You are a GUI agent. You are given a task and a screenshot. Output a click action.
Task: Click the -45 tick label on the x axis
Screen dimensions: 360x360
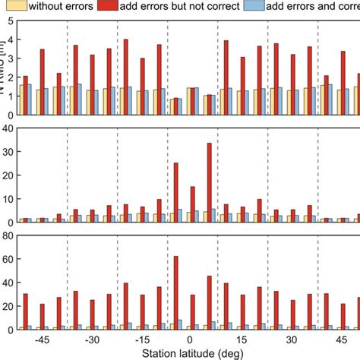[42, 340]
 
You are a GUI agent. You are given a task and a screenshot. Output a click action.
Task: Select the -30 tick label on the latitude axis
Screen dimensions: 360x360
[92, 340]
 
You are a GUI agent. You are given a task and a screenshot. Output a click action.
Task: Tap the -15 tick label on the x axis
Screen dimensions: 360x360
[142, 340]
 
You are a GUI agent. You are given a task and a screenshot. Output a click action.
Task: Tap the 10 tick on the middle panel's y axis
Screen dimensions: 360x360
[7, 199]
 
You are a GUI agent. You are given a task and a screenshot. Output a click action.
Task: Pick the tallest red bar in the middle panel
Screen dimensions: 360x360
[209, 183]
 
